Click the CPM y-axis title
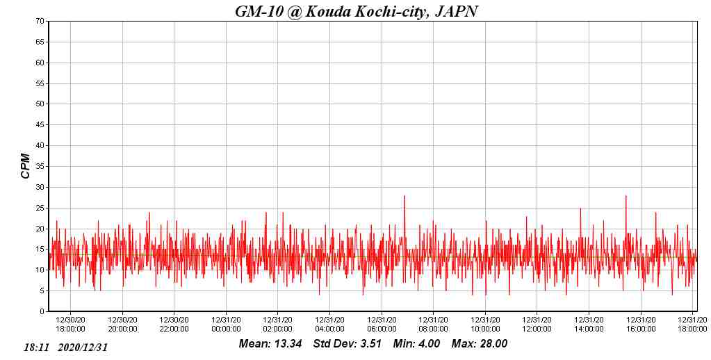tap(26, 166)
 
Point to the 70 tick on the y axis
tap(41, 22)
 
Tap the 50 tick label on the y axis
tap(41, 104)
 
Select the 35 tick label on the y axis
tap(41, 167)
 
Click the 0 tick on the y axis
tap(43, 312)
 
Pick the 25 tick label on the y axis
tap(41, 208)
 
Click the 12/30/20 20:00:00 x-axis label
tap(123, 325)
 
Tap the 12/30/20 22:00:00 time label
tap(174, 325)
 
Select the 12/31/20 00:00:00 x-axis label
tap(226, 325)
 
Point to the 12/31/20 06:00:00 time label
tap(382, 325)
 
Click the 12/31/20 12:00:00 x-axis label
tap(537, 325)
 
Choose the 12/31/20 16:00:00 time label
tap(641, 325)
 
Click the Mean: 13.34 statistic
tap(270, 344)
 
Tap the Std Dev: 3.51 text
tap(348, 344)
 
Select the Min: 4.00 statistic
tap(416, 344)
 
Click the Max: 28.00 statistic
tap(480, 344)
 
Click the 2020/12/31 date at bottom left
tap(83, 347)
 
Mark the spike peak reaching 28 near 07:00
tap(404, 196)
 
